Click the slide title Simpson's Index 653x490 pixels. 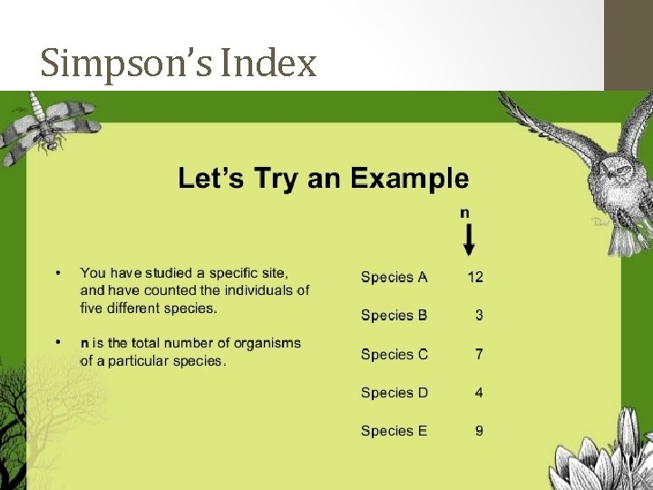[x=179, y=64]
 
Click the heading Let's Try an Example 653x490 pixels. [x=324, y=178]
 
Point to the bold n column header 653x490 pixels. [x=464, y=212]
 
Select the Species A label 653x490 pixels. [x=394, y=277]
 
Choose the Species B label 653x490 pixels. [x=394, y=315]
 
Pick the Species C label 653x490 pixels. [x=394, y=354]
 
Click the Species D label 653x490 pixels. [x=394, y=392]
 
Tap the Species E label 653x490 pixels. [x=394, y=430]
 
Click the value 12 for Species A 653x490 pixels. [x=475, y=277]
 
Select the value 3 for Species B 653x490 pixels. [x=479, y=315]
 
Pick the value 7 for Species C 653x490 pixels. [x=479, y=354]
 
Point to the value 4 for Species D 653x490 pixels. [x=479, y=392]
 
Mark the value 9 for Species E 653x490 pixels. [x=479, y=430]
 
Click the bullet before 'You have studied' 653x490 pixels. [x=58, y=272]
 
